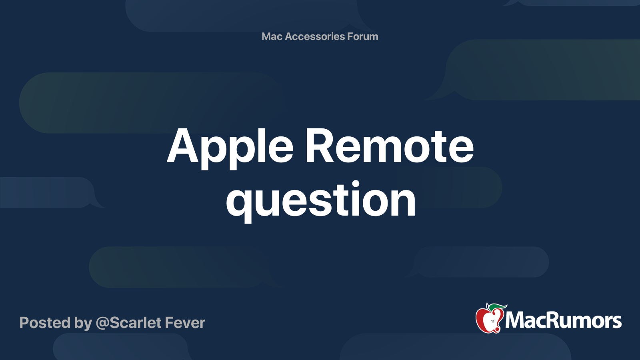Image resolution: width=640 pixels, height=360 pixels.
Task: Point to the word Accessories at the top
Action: click(315, 36)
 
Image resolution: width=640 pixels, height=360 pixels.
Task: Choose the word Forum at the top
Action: click(363, 36)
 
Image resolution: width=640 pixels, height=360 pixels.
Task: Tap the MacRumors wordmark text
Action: click(563, 320)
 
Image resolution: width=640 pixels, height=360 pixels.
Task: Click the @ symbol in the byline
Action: click(102, 323)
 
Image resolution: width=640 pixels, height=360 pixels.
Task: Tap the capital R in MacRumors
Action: click(551, 320)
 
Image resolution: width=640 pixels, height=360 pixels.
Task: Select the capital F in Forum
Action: click(350, 36)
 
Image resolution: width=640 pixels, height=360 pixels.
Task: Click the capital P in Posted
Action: click(24, 323)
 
